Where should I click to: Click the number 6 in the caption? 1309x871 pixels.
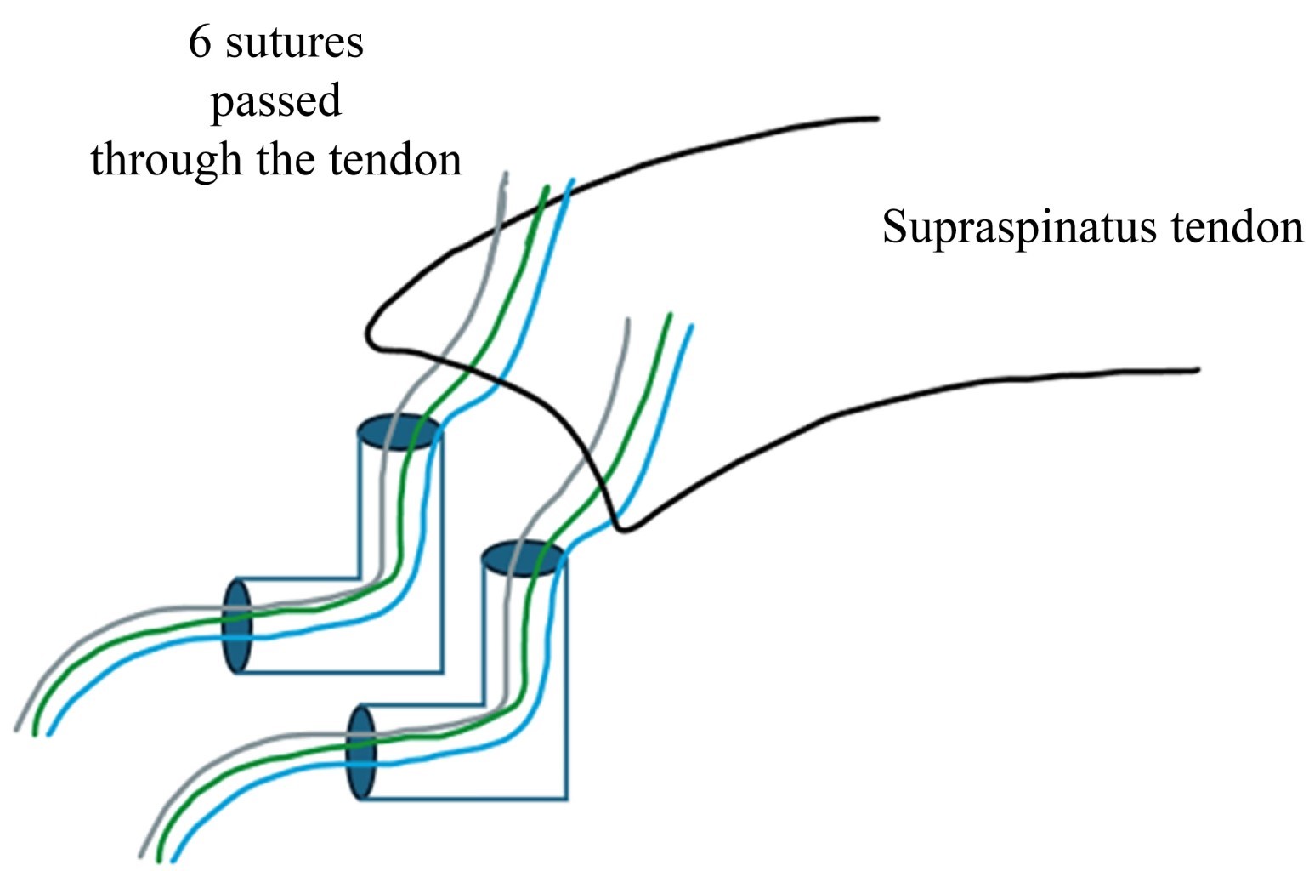[199, 43]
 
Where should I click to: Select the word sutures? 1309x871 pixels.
[294, 43]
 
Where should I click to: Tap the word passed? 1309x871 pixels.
[275, 101]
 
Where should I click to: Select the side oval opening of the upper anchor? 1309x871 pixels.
[237, 625]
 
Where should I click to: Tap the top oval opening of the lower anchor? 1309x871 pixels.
[523, 559]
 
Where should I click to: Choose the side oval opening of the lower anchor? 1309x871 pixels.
[361, 752]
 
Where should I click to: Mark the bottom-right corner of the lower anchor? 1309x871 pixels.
[566, 799]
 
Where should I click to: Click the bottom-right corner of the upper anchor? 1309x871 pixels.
[442, 672]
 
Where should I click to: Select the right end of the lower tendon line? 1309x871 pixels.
[1197, 370]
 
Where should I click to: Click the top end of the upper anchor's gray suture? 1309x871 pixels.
[506, 174]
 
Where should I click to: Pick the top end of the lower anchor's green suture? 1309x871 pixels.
[670, 315]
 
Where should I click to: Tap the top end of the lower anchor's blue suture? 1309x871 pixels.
[691, 325]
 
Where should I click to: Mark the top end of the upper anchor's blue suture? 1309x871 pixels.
[574, 179]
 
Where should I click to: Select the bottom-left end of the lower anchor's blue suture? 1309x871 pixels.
[173, 861]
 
